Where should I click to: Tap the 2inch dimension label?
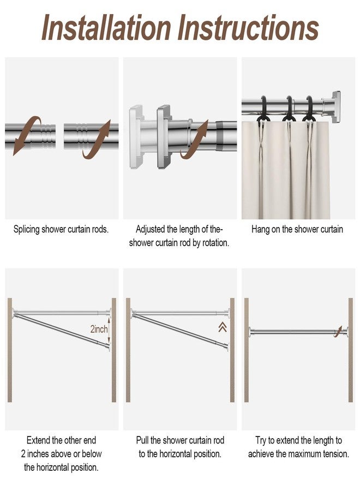(x=99, y=329)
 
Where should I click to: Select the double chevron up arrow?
(x=223, y=327)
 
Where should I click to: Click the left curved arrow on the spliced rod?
(x=25, y=135)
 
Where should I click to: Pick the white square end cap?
(x=136, y=137)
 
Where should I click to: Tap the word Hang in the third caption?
(x=259, y=230)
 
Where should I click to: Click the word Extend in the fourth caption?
(x=38, y=440)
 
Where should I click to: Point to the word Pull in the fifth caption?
(x=142, y=440)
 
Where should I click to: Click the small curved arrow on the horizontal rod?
(x=338, y=331)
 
